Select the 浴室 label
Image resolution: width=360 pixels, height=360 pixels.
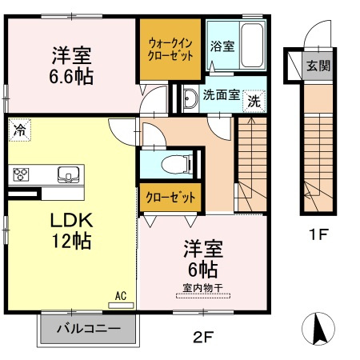222,46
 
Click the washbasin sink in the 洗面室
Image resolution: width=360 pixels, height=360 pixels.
190,98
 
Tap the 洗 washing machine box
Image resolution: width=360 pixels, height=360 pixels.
254,101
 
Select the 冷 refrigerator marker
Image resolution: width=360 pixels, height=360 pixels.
18,128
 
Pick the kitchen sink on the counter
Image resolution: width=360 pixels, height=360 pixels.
67,174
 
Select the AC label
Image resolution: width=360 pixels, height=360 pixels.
122,294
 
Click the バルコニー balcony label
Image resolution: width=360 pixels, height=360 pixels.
89,328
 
